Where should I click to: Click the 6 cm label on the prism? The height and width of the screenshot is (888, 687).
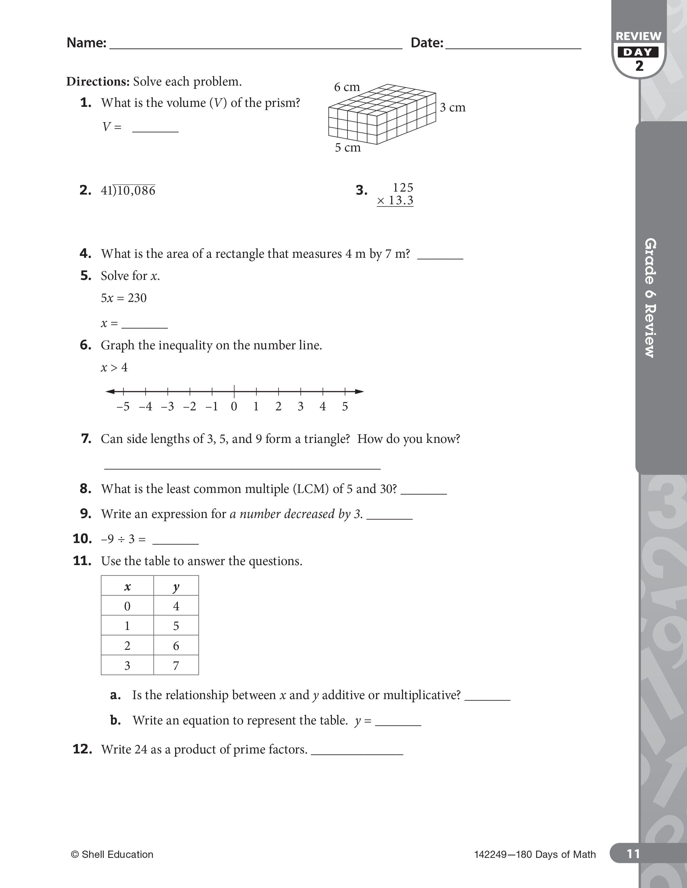pos(347,87)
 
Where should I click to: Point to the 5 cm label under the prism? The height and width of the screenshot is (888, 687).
pos(348,147)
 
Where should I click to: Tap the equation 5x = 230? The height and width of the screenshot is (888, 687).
pos(124,298)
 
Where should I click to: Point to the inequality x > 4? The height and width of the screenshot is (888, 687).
pos(114,368)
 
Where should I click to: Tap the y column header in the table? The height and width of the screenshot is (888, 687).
pos(176,586)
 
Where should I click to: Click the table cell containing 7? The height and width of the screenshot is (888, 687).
pos(176,665)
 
